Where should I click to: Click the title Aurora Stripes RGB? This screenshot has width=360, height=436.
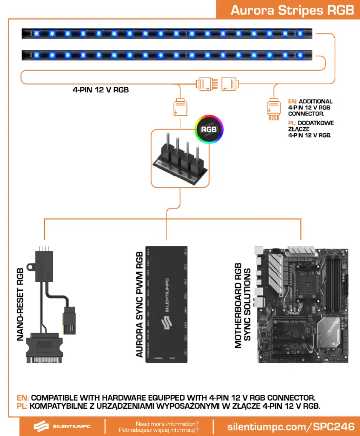tap(292, 10)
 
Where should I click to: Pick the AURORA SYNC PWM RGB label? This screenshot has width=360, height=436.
tap(140, 304)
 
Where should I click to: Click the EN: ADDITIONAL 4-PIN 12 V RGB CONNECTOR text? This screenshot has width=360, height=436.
tap(310, 107)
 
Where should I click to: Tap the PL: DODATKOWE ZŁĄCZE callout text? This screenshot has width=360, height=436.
tap(310, 129)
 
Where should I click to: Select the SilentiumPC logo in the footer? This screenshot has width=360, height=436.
tap(62, 427)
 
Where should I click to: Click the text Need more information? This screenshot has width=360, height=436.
tap(167, 424)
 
